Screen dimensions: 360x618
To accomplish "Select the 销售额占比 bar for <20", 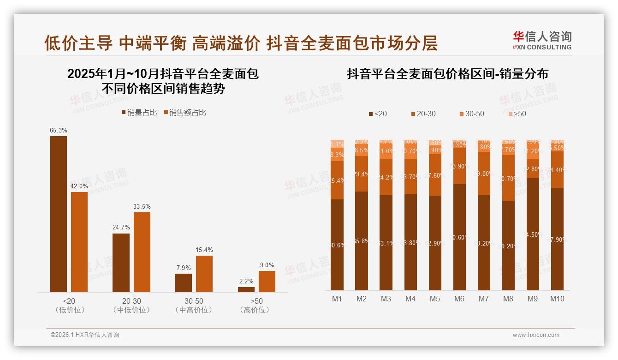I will [x=79, y=242].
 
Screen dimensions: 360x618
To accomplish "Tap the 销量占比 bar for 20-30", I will [x=121, y=263].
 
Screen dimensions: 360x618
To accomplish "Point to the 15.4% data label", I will [x=204, y=250].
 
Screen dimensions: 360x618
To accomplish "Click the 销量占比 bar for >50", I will [x=246, y=289].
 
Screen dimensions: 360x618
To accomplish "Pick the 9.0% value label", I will [x=267, y=265].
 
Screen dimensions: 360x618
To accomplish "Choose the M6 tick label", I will [x=459, y=299].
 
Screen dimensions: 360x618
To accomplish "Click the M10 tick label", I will [x=557, y=299].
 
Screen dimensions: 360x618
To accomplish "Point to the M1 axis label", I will [x=337, y=299].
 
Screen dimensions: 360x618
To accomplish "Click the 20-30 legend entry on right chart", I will [x=423, y=114].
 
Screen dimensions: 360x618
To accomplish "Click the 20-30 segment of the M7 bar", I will [x=484, y=174].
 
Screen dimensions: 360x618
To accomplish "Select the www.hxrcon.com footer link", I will [x=536, y=335].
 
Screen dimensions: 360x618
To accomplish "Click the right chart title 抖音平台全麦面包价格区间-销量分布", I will [x=447, y=74].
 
